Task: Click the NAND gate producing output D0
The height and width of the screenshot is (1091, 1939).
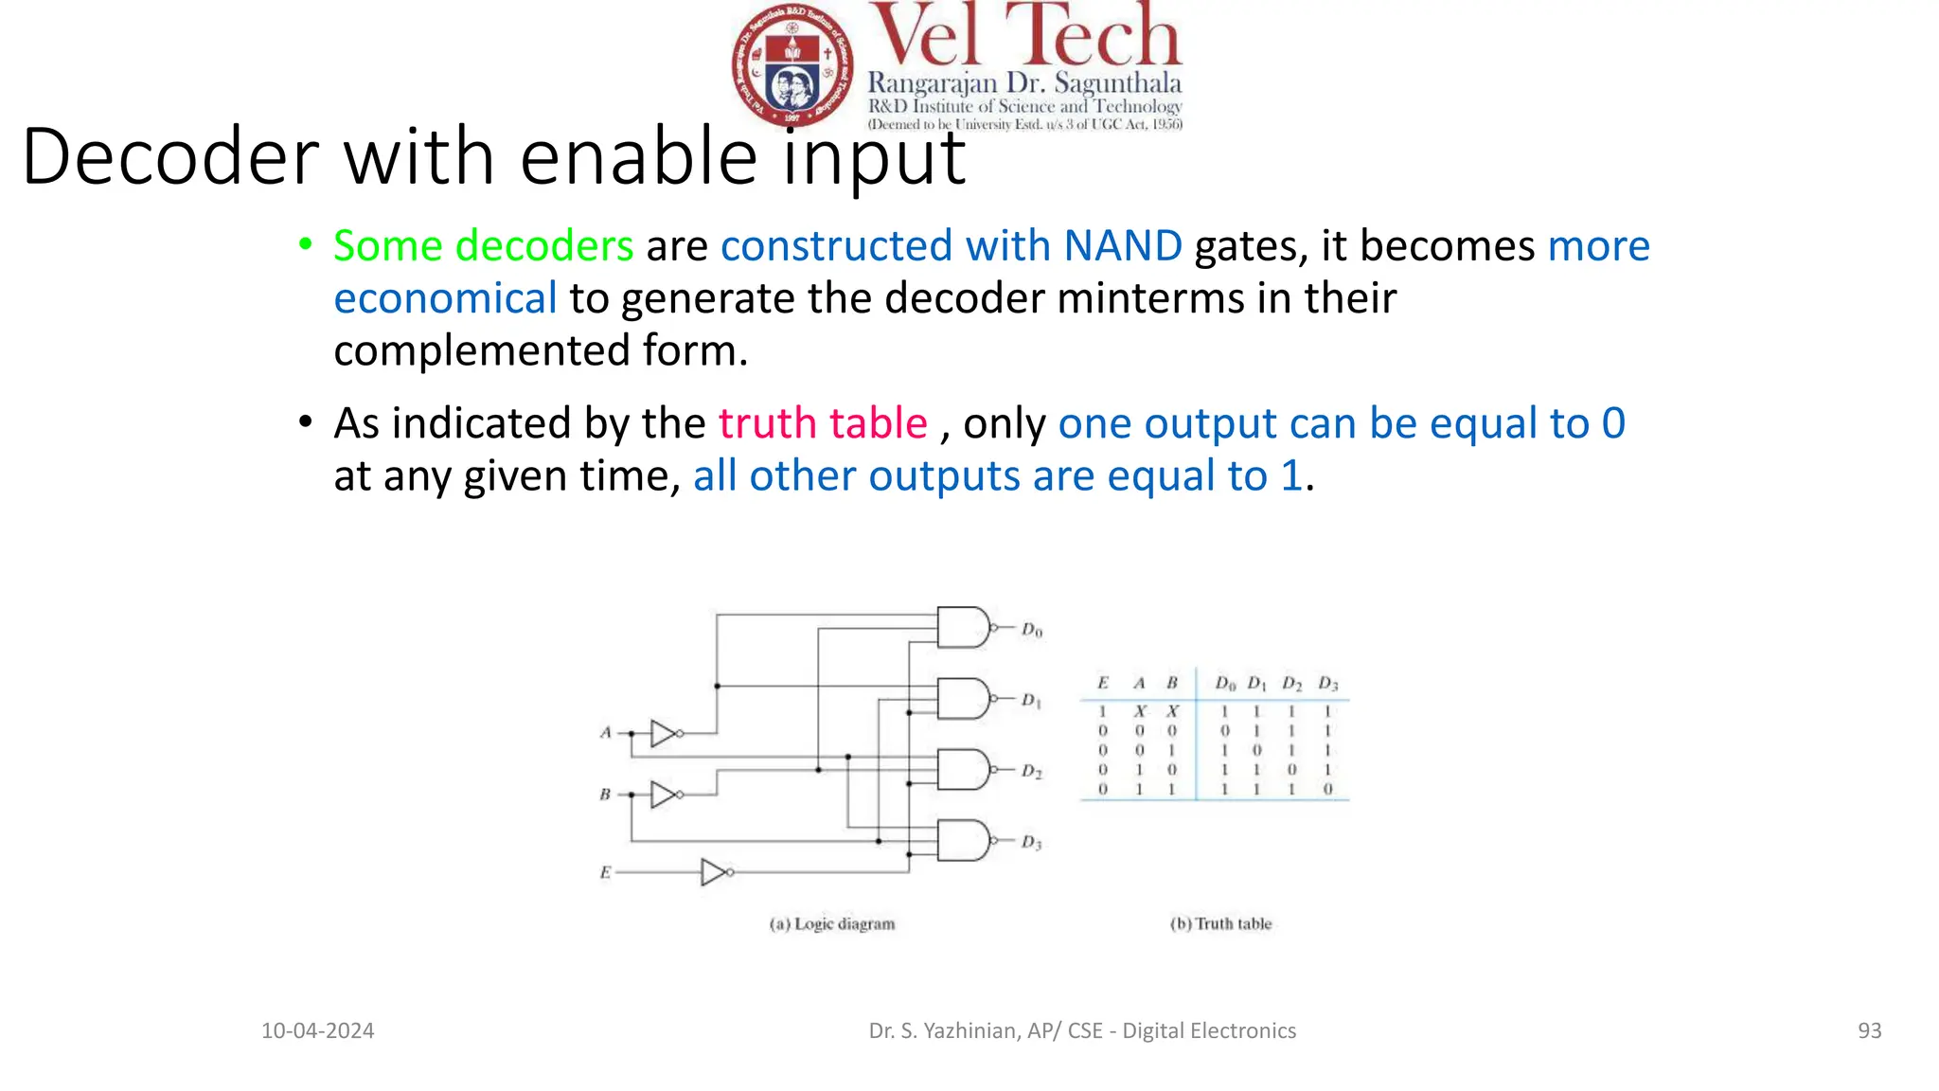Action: (x=962, y=627)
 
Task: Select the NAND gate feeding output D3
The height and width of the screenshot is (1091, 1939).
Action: (x=962, y=840)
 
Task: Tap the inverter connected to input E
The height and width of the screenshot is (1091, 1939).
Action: (x=715, y=871)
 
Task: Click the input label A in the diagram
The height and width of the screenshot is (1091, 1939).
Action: (x=606, y=732)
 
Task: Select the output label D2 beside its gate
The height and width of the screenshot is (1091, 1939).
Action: (x=1031, y=771)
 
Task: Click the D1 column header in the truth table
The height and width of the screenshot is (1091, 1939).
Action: (x=1256, y=684)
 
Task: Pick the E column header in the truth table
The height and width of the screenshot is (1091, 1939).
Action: (x=1102, y=683)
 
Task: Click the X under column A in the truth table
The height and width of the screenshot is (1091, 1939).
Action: (x=1140, y=711)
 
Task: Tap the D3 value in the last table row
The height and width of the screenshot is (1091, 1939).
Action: (x=1327, y=789)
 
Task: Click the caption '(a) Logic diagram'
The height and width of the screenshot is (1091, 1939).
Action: (x=831, y=923)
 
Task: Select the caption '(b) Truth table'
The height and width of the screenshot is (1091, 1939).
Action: (x=1220, y=923)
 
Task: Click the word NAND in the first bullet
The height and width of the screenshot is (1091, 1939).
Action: (x=1122, y=245)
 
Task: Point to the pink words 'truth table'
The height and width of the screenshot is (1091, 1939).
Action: (x=822, y=422)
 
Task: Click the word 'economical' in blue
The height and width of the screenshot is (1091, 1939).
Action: (x=445, y=298)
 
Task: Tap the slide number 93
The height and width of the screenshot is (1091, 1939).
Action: (x=1869, y=1030)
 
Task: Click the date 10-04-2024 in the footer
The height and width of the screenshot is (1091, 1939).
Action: (x=317, y=1030)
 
